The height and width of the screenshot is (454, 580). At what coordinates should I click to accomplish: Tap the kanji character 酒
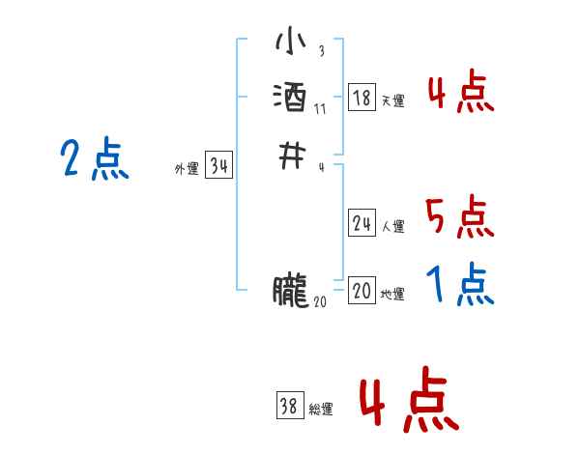coord(290,98)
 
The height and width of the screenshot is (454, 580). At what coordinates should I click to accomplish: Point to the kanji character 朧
coord(290,291)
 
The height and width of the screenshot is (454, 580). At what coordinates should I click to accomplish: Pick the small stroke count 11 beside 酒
coord(320,108)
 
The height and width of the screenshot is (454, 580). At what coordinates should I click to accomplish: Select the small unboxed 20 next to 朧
coord(320,301)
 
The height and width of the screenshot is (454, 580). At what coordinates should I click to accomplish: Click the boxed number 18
coord(362,98)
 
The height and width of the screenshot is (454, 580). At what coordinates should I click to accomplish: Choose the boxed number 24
coord(362,224)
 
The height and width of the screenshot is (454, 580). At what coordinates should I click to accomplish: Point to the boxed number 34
coord(218,166)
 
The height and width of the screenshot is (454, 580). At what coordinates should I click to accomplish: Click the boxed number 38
coord(289,407)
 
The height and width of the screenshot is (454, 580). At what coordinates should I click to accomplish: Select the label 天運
coord(392,100)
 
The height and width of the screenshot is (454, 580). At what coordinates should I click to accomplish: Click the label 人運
coord(392,227)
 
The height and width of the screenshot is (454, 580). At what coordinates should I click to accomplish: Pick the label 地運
coord(392,295)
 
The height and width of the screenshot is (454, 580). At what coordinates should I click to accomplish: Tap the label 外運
coord(187,169)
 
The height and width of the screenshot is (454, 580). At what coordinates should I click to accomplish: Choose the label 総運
coord(321,410)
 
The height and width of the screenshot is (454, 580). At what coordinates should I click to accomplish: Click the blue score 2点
coord(95,159)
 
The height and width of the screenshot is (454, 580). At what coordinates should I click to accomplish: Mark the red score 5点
coord(459,217)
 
